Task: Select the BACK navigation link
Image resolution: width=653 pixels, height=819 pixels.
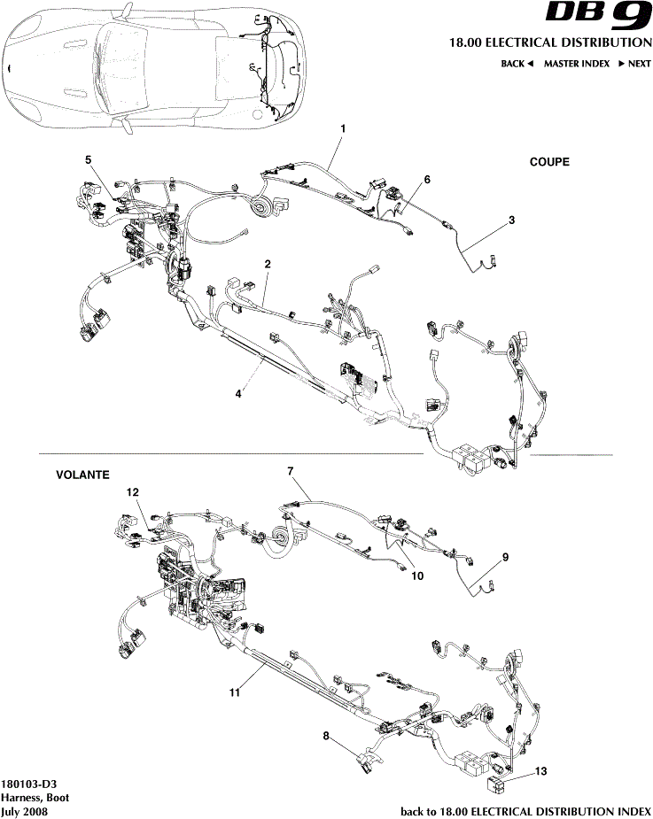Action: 517,64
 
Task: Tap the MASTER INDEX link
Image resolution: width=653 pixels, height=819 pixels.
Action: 576,64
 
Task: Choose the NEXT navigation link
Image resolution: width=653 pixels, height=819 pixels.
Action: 634,64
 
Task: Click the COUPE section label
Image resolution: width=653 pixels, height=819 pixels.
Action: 549,162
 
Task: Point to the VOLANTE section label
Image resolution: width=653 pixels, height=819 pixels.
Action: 82,475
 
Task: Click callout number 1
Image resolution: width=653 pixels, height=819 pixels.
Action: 343,128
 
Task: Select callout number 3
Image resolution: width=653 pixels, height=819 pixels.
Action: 511,219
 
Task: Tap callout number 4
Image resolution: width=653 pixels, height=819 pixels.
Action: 238,394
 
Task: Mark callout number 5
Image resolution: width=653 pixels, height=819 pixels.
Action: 88,159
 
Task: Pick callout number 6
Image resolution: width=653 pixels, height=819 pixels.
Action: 427,179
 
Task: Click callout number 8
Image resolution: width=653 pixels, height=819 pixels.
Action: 325,735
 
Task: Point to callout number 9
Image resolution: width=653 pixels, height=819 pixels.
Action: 505,557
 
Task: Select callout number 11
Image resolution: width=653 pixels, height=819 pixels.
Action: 235,692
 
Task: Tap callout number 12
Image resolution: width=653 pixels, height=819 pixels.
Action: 132,491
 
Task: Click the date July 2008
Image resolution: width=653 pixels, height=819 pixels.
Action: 25,810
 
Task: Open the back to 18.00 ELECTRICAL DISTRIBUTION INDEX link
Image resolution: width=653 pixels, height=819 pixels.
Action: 526,810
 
